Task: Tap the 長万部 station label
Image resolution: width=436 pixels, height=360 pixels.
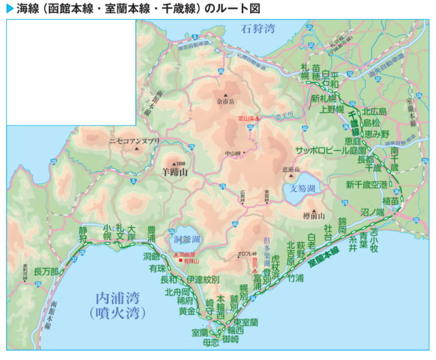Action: pos(46,271)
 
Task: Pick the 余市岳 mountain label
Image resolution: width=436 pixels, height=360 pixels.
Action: pos(225,102)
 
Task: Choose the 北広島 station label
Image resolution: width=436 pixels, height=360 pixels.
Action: pos(374,112)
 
